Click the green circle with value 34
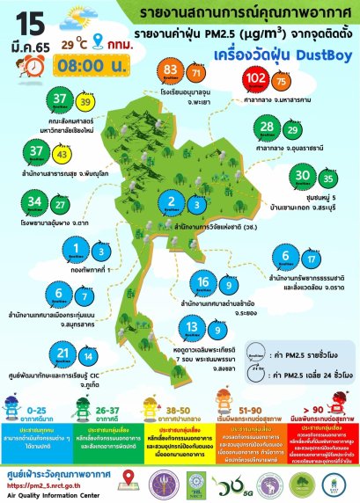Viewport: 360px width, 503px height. (x=35, y=202)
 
